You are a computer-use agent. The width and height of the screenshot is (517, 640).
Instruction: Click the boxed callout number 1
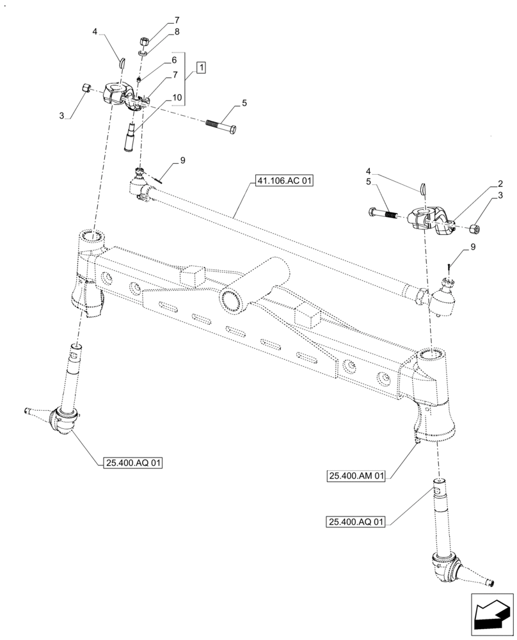(201, 67)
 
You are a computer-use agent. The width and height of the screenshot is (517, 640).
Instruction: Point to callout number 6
(173, 60)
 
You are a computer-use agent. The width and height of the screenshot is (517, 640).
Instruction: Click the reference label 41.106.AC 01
(282, 182)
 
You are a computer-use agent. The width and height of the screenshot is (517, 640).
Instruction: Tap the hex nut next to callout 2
(475, 228)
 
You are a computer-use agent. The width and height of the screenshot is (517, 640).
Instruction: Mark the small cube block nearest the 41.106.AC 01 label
(192, 275)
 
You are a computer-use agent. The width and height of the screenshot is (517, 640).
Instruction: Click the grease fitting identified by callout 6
(140, 80)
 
